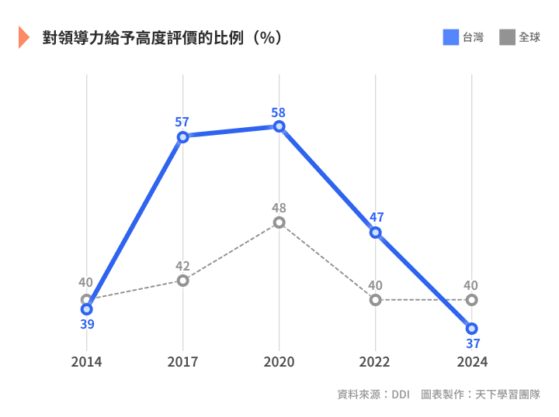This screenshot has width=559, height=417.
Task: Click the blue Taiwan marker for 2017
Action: pos(183,137)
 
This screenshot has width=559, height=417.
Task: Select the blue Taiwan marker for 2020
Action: pos(279,126)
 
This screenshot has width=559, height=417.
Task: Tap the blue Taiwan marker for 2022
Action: pos(376,233)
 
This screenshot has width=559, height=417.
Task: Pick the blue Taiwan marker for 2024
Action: pos(471,329)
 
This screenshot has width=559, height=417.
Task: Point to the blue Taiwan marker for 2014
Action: pos(87,309)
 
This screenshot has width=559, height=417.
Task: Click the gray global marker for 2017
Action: pos(183,280)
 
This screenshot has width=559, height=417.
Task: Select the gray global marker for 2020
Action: pos(279,222)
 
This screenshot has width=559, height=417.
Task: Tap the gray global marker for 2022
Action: pos(376,300)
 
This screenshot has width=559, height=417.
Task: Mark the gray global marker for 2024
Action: pos(471,300)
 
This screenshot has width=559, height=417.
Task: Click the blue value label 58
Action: pos(278,112)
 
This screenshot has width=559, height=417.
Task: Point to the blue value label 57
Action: pos(182,122)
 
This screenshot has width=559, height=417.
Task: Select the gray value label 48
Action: pos(279,208)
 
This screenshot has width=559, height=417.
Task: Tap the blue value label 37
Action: pos(471,343)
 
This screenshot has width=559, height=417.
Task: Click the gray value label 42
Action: pos(182,266)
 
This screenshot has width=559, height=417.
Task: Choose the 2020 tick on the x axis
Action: pos(279,362)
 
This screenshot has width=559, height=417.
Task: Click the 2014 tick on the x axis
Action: pos(86,362)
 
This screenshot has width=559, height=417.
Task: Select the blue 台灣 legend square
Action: pos(451,36)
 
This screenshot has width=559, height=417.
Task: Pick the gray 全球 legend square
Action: pos(508,36)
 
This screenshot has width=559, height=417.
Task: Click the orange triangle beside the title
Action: pos(23,37)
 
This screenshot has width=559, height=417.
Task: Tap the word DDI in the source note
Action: pos(400,395)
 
